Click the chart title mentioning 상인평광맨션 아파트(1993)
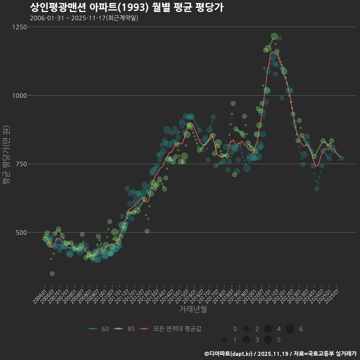click(127, 7)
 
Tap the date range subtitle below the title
click(84, 18)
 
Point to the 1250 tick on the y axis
click(19, 27)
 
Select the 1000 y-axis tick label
click(19, 96)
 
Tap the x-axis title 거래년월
click(193, 309)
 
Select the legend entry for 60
click(99, 329)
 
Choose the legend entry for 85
click(125, 329)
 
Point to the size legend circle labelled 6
click(290, 329)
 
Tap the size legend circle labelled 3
click(246, 340)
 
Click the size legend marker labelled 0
click(224, 329)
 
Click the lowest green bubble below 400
click(52, 274)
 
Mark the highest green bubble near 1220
click(274, 36)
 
